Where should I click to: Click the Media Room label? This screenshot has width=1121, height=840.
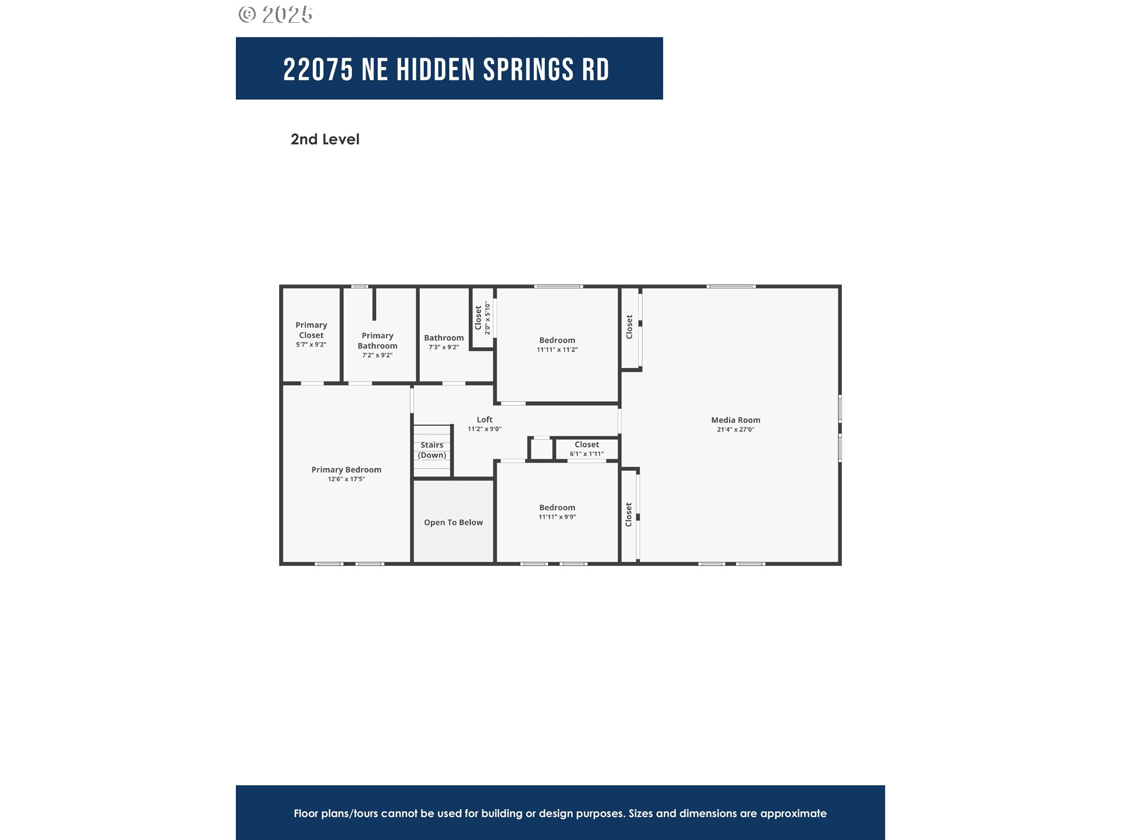coord(735,420)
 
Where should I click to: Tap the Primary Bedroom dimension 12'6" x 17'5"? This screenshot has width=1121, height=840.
coord(346,479)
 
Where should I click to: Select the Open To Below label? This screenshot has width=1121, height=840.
coord(453,523)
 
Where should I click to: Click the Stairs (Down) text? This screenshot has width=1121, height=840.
coord(432,450)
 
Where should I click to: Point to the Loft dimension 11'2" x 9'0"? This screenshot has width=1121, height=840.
coord(484,429)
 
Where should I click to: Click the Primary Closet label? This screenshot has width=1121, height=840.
coord(311,330)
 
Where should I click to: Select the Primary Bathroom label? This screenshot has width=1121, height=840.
coord(377,341)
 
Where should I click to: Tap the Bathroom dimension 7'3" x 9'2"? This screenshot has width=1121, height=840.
coord(444,348)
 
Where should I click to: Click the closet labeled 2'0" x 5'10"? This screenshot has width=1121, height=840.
coord(482,318)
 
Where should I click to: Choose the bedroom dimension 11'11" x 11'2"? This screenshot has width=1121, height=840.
coord(557,350)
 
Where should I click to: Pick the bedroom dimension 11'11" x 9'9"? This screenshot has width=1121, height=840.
coord(557,517)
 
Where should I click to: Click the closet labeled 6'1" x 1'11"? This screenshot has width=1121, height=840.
coord(587,449)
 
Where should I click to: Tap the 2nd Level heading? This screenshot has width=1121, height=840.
coord(325,139)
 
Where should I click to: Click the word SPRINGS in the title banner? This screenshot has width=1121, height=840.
coord(528,70)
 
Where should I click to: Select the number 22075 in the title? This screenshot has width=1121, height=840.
coord(318,70)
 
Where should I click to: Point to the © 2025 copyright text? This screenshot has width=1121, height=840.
coord(276,15)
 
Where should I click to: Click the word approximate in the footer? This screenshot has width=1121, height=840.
coord(793,813)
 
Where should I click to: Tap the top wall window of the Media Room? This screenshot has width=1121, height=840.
coord(731,286)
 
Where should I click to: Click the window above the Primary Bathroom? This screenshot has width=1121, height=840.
coord(360,286)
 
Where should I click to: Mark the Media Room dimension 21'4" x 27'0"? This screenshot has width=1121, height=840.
coord(735,430)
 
